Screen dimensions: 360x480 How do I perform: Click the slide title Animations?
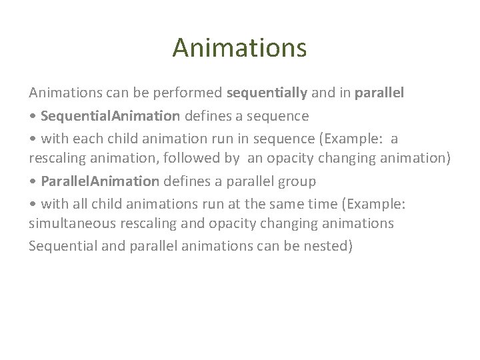pos(239,47)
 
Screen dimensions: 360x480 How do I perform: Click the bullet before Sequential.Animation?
pos(33,116)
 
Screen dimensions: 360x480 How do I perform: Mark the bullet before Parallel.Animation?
pos(33,181)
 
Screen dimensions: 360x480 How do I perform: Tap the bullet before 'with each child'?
pos(33,138)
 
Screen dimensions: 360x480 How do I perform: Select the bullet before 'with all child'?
pos(33,203)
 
